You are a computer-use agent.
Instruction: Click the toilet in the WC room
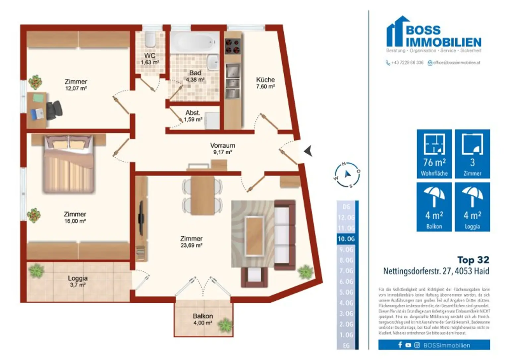pyautogui.click(x=150, y=39)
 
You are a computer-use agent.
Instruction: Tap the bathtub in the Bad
pyautogui.click(x=195, y=42)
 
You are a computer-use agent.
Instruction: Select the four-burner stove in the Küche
pyautogui.click(x=232, y=46)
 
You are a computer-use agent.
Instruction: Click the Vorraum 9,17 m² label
pyautogui.click(x=222, y=149)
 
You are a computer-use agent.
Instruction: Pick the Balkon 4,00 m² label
pyautogui.click(x=202, y=319)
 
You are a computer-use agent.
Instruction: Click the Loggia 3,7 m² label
pyautogui.click(x=78, y=281)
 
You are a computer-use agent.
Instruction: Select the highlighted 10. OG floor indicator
pyautogui.click(x=347, y=239)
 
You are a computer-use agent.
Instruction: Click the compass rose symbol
pyautogui.click(x=347, y=175)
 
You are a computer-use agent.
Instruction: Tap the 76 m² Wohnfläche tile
pyautogui.click(x=434, y=154)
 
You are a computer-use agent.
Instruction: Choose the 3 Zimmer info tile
pyautogui.click(x=472, y=154)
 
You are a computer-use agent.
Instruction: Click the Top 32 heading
pyautogui.click(x=473, y=260)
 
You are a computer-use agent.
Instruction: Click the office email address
pyautogui.click(x=454, y=63)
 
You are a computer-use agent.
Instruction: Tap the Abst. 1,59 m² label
pyautogui.click(x=193, y=116)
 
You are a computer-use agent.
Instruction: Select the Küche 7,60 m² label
pyautogui.click(x=265, y=83)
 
